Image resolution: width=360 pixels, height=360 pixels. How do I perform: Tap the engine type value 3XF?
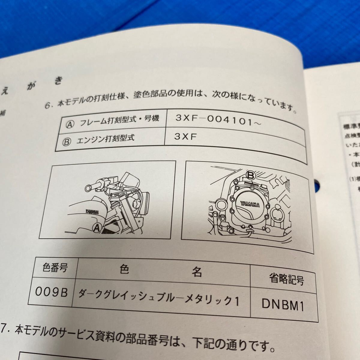click(185, 136)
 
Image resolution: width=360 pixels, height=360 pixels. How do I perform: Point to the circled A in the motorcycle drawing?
click(97, 228)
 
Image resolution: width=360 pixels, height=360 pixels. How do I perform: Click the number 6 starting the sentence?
click(46, 105)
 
